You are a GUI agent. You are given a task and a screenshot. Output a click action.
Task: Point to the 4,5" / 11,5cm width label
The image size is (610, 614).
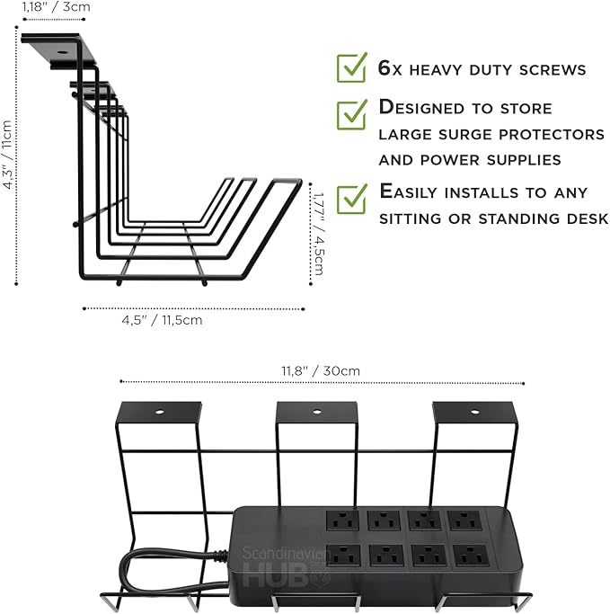point(162,319)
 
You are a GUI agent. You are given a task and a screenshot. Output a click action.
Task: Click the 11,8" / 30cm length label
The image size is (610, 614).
point(320,370)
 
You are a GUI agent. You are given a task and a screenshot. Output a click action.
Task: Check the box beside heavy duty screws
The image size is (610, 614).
point(351,67)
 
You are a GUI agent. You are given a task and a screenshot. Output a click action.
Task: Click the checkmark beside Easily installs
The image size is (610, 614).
point(351,197)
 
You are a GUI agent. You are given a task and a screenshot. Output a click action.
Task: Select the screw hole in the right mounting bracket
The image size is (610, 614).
point(475,413)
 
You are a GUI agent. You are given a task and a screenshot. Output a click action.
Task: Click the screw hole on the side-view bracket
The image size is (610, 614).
point(60,53)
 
